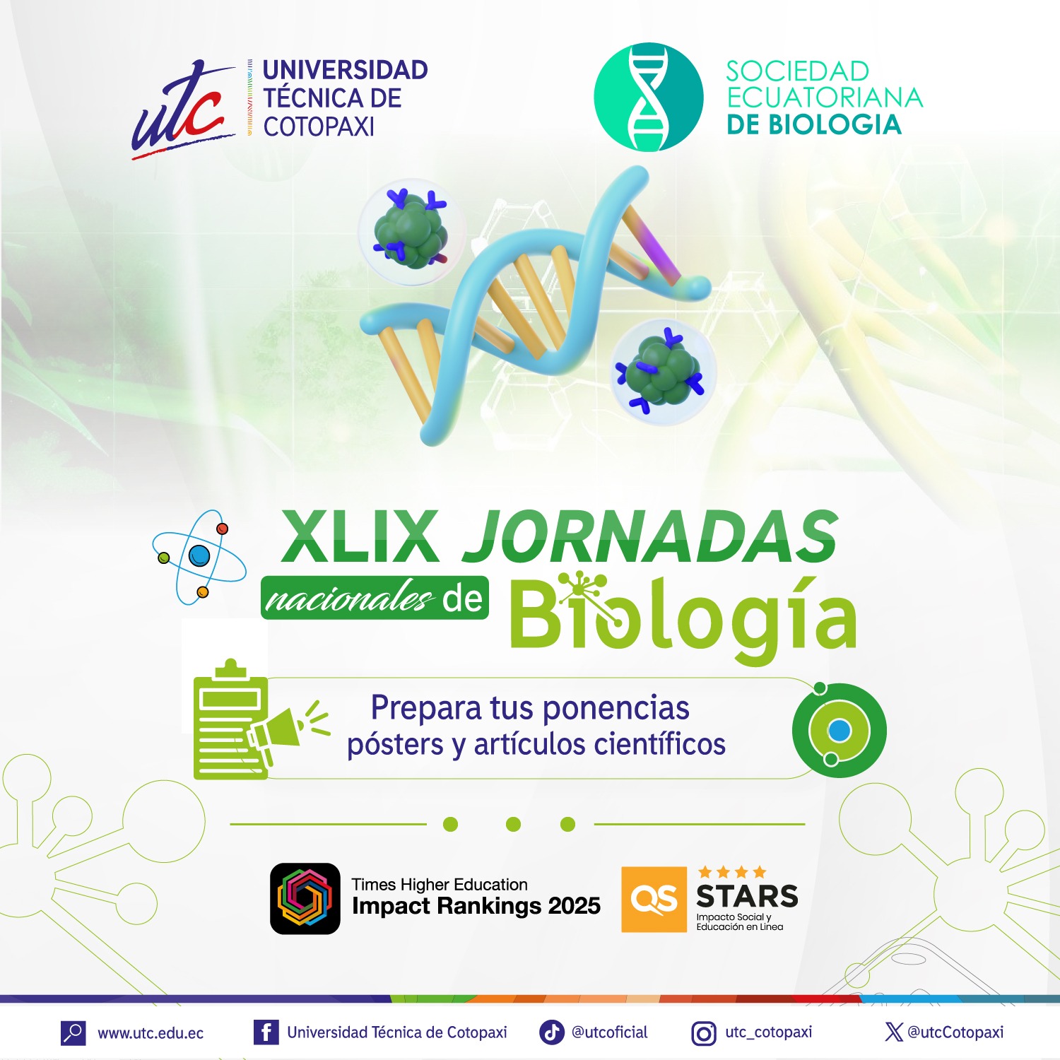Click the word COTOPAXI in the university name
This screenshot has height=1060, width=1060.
319,127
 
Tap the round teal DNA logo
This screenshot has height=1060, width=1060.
649,98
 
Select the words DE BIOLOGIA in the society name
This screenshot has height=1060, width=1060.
814,125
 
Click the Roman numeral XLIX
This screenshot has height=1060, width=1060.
360,536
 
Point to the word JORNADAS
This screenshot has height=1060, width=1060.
650,536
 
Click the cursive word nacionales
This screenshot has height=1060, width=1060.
348,599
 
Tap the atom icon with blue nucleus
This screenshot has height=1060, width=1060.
199,556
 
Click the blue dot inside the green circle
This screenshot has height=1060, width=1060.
840,731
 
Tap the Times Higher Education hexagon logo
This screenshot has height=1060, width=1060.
305,898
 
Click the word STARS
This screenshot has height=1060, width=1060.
747,896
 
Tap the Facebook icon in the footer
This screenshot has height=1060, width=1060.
266,1032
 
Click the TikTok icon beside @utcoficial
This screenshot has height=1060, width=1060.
552,1032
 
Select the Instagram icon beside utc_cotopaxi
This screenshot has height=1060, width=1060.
703,1034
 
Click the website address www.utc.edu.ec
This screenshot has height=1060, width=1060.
151,1033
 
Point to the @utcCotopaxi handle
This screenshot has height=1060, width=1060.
955,1032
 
